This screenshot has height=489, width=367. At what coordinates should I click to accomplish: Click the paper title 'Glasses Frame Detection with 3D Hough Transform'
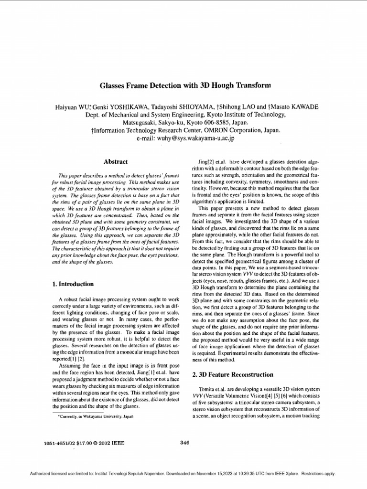point(178,86)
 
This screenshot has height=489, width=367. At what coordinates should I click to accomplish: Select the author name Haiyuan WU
point(73,106)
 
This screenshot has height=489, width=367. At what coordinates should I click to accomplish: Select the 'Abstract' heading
point(116,162)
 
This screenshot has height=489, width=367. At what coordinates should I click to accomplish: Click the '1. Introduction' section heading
point(73,284)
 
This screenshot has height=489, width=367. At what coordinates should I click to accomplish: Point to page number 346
point(185,442)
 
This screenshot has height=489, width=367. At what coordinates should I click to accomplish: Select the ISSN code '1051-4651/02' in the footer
point(57,443)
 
